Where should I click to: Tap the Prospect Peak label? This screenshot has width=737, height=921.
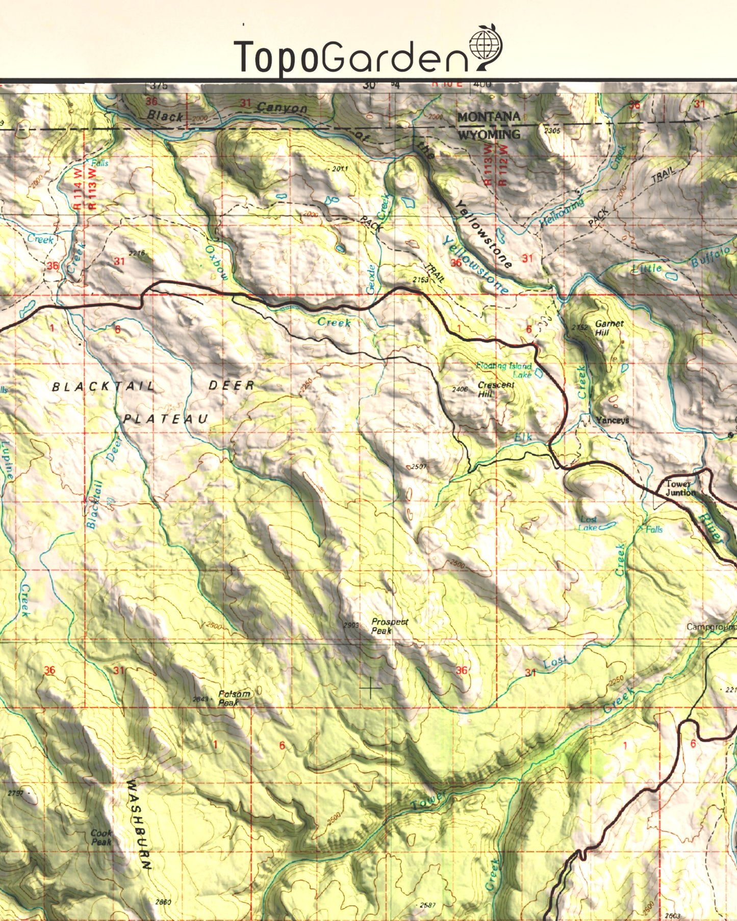389,626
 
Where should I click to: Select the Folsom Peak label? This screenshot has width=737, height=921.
234,698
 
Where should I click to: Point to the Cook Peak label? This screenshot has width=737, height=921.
101,837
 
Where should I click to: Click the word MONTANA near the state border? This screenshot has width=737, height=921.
488,117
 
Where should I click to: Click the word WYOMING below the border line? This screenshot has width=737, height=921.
489,135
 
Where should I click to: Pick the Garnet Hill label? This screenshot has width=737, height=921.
608,327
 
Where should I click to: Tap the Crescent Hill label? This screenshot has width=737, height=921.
495,389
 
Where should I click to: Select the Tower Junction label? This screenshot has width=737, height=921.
680,488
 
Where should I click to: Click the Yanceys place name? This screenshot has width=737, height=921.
612,420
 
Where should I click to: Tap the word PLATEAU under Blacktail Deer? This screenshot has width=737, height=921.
166,419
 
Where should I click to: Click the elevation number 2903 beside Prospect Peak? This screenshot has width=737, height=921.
351,625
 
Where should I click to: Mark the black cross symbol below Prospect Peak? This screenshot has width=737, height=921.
370,688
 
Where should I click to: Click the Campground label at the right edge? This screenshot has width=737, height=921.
711,626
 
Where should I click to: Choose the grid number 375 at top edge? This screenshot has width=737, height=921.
159,86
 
